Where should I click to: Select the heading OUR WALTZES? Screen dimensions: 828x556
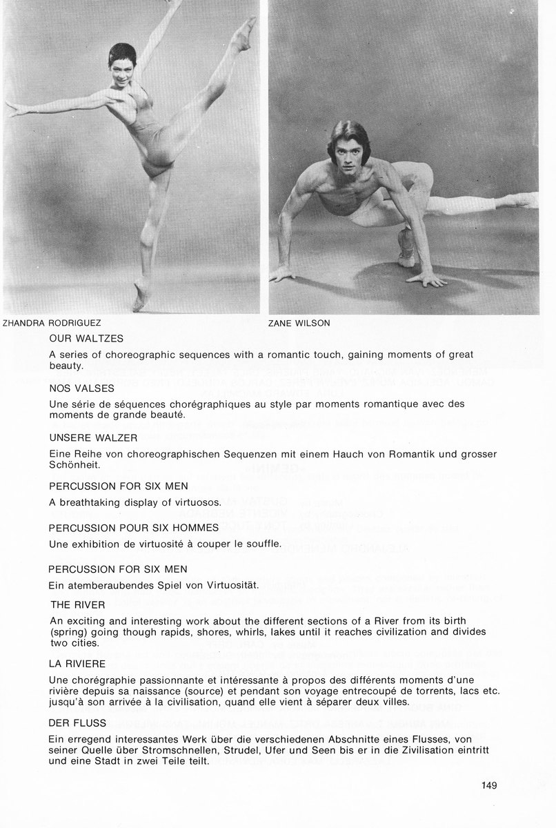[86, 339]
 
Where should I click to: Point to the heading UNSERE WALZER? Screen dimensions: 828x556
[93, 437]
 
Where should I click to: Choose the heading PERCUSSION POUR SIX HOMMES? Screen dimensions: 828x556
[134, 527]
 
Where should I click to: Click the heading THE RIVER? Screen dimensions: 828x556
[77, 604]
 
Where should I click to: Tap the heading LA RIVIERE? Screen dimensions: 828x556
[77, 663]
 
